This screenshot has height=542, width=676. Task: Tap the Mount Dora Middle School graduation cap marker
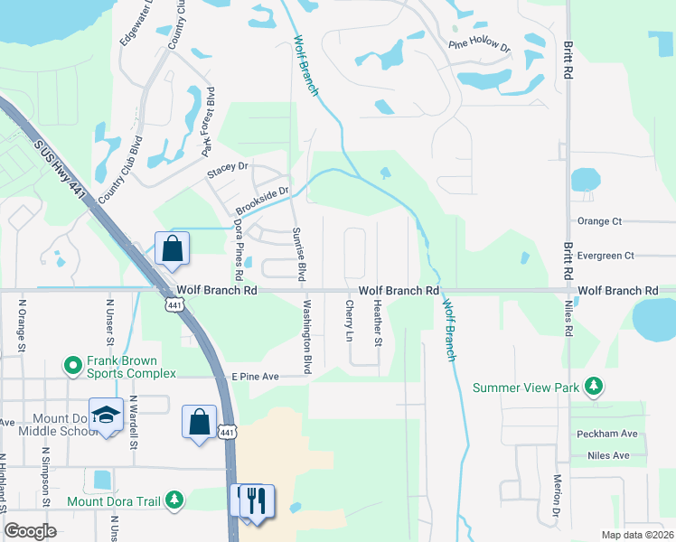(106, 415)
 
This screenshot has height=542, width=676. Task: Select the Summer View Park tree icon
(593, 387)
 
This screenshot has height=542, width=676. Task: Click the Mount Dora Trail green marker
(174, 499)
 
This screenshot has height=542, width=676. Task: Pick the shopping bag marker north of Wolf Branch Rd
(172, 248)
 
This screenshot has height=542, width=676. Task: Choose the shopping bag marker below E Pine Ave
(199, 421)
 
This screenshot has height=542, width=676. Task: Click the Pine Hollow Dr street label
(479, 44)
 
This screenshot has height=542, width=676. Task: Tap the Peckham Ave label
(604, 434)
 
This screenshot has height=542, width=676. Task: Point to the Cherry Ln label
(348, 322)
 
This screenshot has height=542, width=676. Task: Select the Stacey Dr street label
(227, 167)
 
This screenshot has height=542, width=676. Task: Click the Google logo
(30, 531)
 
